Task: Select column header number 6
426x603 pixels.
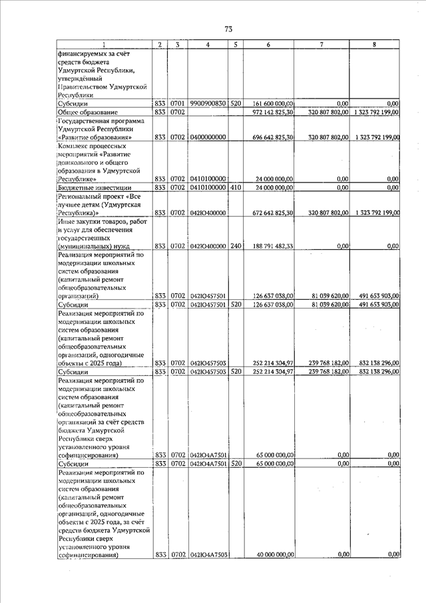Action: click(267, 45)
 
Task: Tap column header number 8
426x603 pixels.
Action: click(374, 45)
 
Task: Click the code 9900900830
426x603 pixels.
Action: click(208, 104)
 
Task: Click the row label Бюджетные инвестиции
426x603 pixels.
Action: click(95, 189)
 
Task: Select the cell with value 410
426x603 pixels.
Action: click(235, 189)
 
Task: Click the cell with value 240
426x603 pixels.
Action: click(235, 247)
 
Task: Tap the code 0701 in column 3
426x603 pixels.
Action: click(177, 104)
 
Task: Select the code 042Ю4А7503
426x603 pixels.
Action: click(209, 554)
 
